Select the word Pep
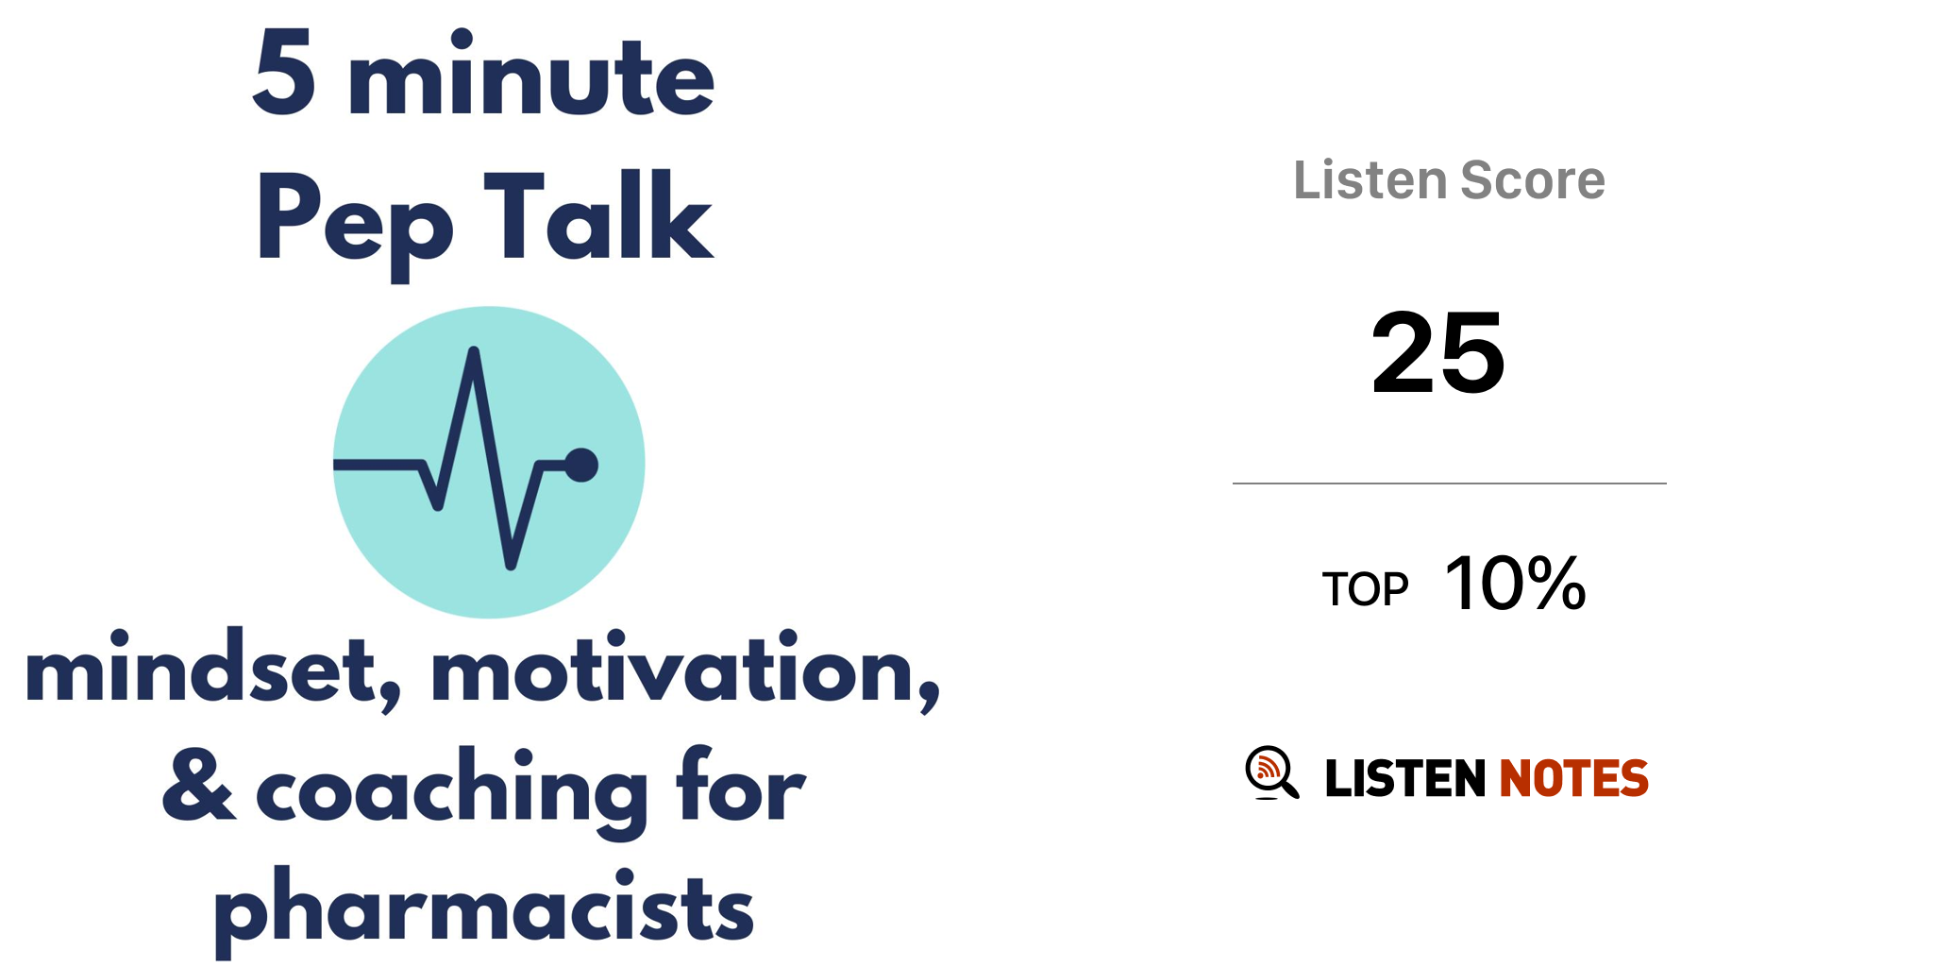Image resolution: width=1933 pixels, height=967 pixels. [355, 223]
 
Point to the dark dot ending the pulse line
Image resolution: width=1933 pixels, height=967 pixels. [581, 465]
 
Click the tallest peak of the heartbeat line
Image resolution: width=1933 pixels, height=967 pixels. [474, 352]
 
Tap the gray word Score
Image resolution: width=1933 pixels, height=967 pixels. [1533, 179]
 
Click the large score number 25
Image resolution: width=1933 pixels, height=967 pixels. [1437, 353]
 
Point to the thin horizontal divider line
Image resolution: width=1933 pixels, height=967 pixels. [1450, 483]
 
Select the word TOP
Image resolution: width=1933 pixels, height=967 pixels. [1365, 589]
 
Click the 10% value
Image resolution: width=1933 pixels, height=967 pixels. [1516, 584]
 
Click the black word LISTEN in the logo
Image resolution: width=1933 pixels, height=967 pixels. [1405, 778]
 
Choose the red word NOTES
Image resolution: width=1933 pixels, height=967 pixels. [1573, 778]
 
